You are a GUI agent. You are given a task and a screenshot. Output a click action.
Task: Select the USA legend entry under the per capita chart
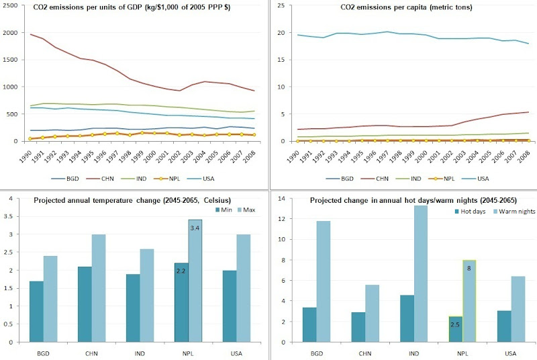point(483,180)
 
